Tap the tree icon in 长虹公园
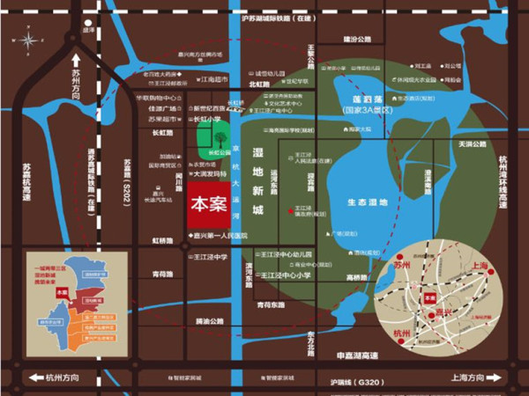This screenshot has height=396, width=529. [217, 137]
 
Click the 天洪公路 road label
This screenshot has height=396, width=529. [472, 143]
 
